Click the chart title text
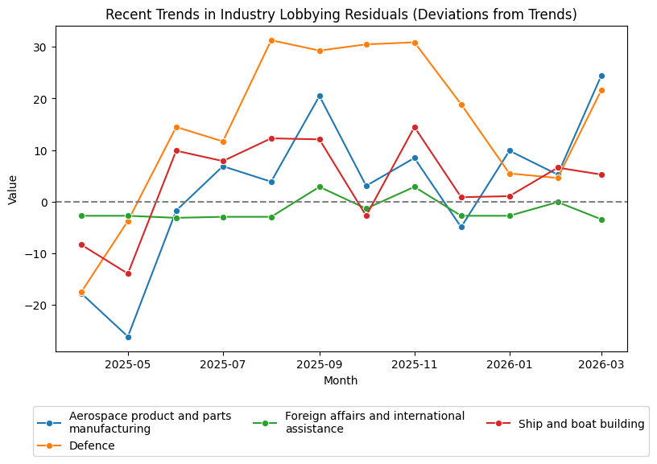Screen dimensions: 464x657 pyautogui.click(x=341, y=14)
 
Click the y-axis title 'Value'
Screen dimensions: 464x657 pyautogui.click(x=12, y=188)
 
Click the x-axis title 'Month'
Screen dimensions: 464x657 pyautogui.click(x=341, y=380)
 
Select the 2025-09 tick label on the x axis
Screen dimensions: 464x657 pyautogui.click(x=320, y=364)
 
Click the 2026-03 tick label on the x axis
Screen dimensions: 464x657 pyautogui.click(x=601, y=364)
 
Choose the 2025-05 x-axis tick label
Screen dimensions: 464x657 pyautogui.click(x=128, y=364)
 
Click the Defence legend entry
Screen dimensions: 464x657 pyautogui.click(x=92, y=446)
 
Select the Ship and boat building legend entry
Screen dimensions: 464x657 pyautogui.click(x=581, y=424)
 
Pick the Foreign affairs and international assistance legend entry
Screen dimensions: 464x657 pyautogui.click(x=374, y=422)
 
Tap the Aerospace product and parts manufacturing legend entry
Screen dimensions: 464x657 pyautogui.click(x=150, y=422)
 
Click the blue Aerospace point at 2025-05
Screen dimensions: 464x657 pyautogui.click(x=128, y=337)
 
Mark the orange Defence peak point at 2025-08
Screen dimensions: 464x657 pyautogui.click(x=271, y=40)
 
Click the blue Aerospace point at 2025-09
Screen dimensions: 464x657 pyautogui.click(x=320, y=96)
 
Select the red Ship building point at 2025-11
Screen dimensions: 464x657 pyautogui.click(x=415, y=127)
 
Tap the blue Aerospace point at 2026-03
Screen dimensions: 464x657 pyautogui.click(x=601, y=76)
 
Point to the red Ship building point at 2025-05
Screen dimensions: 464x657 pyautogui.click(x=128, y=273)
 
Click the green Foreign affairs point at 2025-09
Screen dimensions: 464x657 pyautogui.click(x=320, y=187)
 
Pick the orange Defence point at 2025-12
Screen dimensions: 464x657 pyautogui.click(x=461, y=105)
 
